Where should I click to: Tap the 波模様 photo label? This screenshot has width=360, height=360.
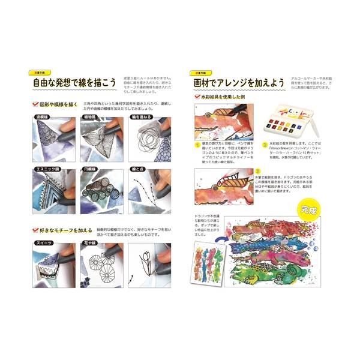pyautogui.click(x=37, y=118)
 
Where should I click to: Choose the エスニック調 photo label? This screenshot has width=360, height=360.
pyautogui.click(x=40, y=170)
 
